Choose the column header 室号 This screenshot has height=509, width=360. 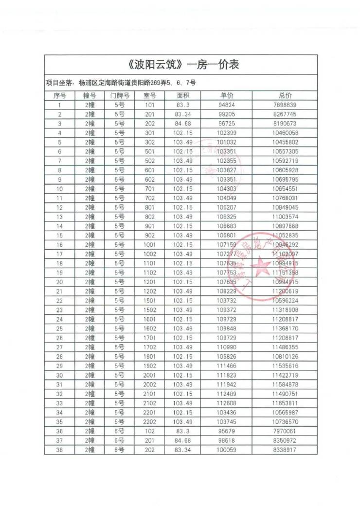150,96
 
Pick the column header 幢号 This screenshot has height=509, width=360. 90,96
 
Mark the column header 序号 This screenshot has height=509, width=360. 59,96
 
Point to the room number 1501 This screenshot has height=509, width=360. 150,301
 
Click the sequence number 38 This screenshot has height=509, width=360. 59,450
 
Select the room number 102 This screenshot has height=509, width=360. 150,431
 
